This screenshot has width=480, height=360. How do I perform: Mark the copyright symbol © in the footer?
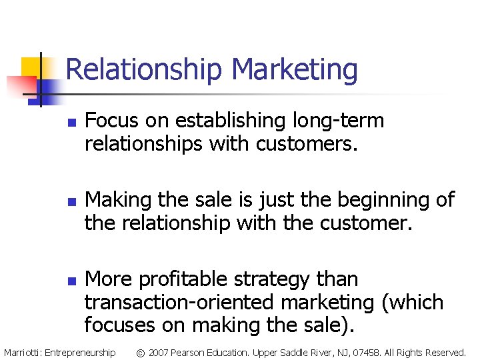[141, 352]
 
